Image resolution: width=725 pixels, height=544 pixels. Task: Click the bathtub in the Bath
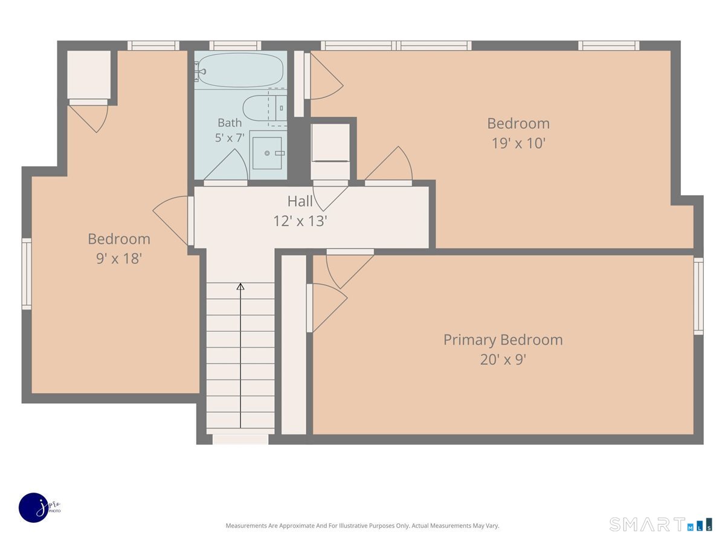(240, 70)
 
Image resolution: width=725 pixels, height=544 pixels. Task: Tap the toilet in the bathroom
(265, 108)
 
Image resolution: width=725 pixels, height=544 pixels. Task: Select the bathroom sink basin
(267, 154)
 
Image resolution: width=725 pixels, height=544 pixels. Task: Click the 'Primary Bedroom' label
(503, 340)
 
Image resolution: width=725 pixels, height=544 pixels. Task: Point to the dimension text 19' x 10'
(518, 143)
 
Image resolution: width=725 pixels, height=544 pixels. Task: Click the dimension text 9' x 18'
(119, 259)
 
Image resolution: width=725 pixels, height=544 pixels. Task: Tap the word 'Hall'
(300, 201)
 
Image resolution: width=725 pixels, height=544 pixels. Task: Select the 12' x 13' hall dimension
(300, 221)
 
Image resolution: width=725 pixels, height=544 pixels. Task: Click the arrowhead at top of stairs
(240, 287)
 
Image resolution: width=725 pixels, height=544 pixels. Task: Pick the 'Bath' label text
(230, 123)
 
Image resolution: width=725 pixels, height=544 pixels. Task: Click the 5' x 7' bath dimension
(230, 137)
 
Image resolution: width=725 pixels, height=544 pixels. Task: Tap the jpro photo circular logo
(34, 508)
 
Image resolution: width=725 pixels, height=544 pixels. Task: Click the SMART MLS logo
(660, 524)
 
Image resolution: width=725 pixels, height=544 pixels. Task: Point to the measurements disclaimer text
(362, 525)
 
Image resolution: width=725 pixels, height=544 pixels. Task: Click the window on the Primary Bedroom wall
(698, 296)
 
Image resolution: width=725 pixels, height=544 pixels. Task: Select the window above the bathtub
(235, 45)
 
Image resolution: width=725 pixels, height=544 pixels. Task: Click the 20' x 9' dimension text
(503, 360)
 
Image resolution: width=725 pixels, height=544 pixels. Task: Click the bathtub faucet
(199, 71)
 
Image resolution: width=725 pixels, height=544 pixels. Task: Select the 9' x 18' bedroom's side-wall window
(27, 274)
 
